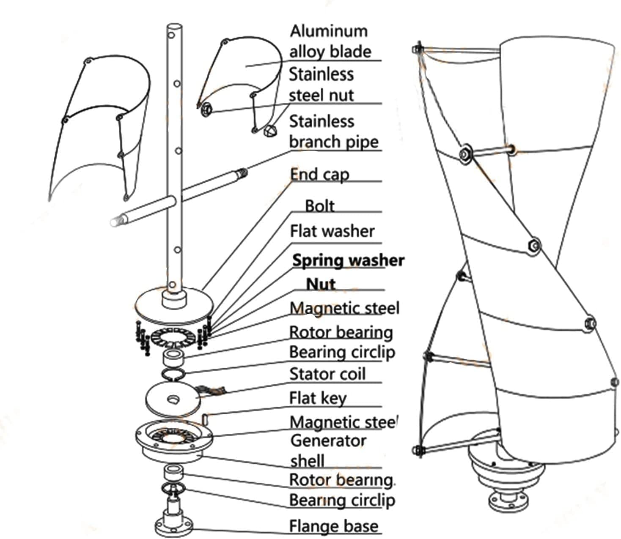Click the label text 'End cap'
[319, 175]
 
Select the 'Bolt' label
[320, 206]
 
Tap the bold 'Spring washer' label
[348, 260]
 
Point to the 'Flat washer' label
[332, 231]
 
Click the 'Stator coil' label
[327, 374]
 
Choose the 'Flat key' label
[318, 398]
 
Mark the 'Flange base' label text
[333, 526]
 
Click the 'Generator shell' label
[328, 451]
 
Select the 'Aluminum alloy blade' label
[330, 41]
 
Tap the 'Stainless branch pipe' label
[333, 131]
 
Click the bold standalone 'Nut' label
[321, 284]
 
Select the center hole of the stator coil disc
[173, 399]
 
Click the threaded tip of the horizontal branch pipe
[242, 172]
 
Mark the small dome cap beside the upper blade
[269, 131]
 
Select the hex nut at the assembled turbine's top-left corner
[418, 49]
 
